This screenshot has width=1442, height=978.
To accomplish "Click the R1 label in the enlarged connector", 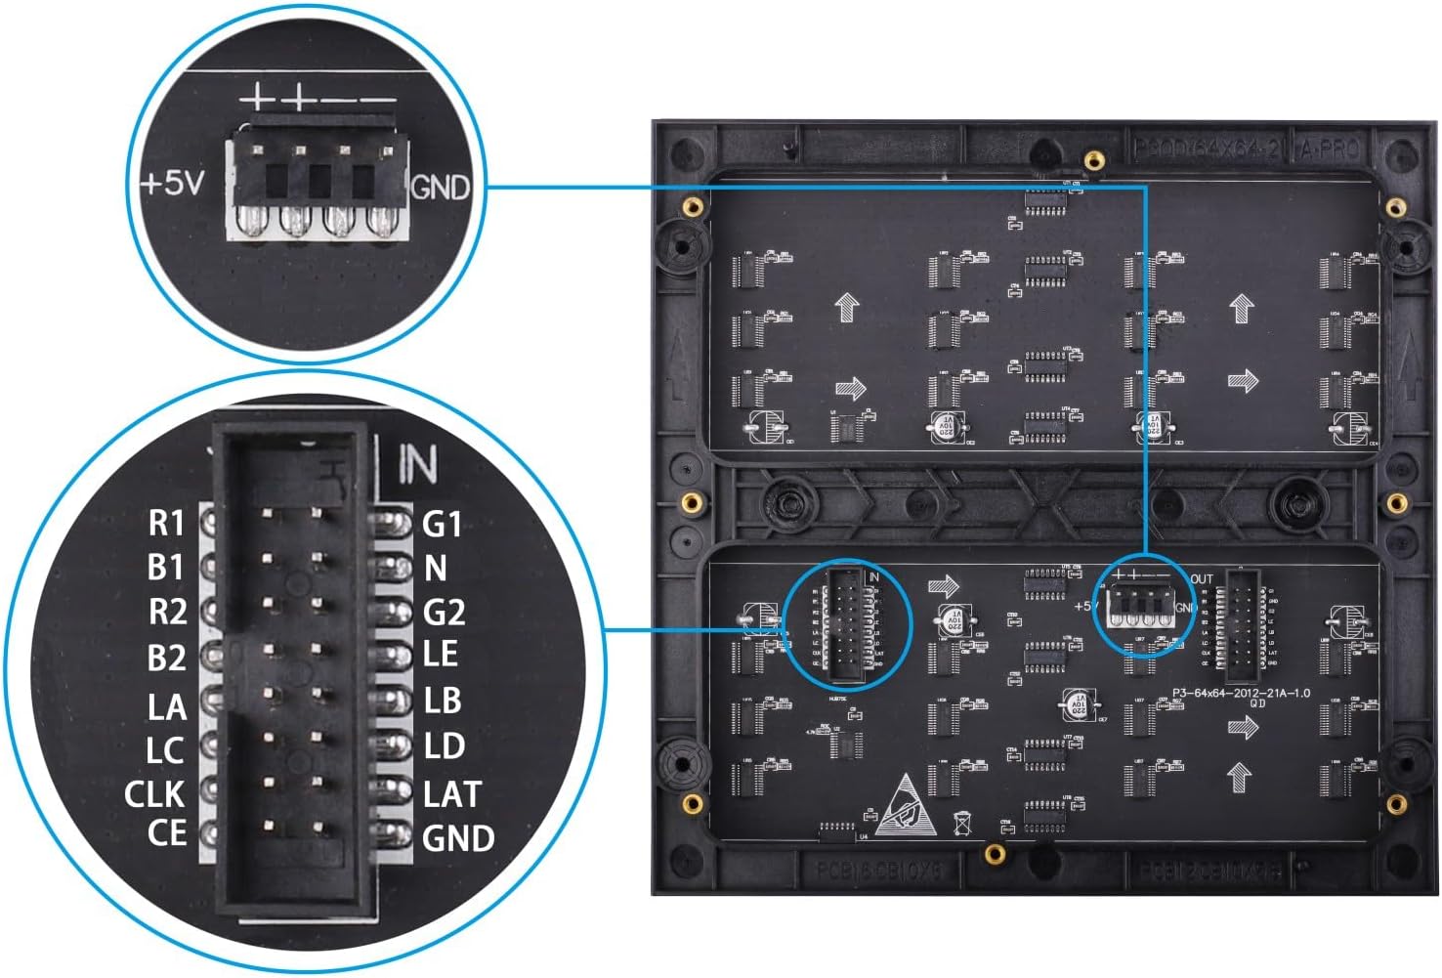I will click(166, 524).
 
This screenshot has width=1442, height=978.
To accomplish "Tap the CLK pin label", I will click(154, 794).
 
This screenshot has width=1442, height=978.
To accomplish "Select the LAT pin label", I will click(452, 794).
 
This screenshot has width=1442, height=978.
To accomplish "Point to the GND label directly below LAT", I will click(457, 838).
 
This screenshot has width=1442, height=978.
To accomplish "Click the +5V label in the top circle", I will click(174, 184).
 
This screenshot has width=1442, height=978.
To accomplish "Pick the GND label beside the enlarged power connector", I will click(441, 187).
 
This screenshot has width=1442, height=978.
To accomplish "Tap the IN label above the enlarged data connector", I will click(417, 465).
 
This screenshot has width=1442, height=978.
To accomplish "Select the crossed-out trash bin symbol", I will click(961, 823).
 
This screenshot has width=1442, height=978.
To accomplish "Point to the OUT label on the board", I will click(1202, 579).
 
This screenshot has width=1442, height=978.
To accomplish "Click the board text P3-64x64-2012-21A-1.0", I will click(1241, 694).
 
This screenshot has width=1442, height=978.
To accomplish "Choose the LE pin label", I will click(440, 654).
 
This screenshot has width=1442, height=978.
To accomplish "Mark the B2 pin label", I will click(166, 659).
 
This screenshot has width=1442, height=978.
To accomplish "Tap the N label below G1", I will click(435, 568).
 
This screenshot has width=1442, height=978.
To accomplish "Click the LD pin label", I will click(444, 746).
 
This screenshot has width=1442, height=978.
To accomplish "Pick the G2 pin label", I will click(444, 613).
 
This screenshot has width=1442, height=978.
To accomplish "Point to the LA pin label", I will click(166, 705).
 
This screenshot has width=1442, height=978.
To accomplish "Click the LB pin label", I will click(442, 701).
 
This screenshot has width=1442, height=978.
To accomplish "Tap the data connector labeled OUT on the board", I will click(1242, 626).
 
